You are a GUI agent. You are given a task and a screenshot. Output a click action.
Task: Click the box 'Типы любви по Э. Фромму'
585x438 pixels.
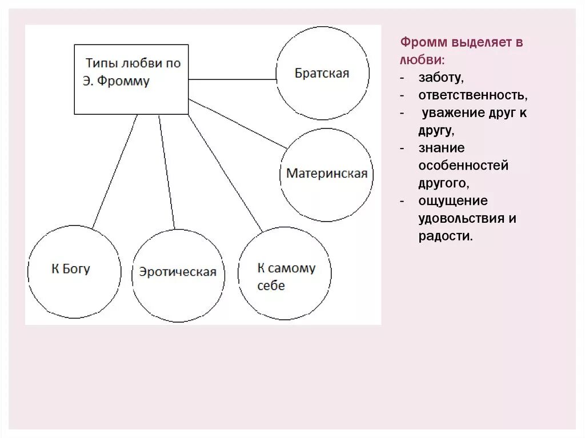pyautogui.click(x=131, y=79)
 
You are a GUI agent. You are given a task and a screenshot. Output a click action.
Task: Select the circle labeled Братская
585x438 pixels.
pyautogui.click(x=322, y=73)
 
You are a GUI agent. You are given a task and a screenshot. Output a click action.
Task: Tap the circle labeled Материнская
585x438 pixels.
pyautogui.click(x=327, y=174)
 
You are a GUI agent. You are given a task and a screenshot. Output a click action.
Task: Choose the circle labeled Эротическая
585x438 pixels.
pyautogui.click(x=178, y=272)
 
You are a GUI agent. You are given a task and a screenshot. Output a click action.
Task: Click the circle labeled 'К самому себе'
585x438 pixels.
pyautogui.click(x=285, y=276)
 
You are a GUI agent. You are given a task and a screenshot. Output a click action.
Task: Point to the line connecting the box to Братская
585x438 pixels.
pyautogui.click(x=231, y=79)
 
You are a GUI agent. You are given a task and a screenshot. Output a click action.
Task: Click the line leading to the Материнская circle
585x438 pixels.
pyautogui.click(x=238, y=124)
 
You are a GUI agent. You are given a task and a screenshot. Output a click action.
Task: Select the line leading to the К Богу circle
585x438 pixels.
pyautogui.click(x=115, y=171)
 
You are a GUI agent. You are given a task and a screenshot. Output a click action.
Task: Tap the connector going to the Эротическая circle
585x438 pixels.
pyautogui.click(x=167, y=171)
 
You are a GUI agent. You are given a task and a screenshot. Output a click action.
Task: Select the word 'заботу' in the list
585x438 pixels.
pyautogui.click(x=440, y=77)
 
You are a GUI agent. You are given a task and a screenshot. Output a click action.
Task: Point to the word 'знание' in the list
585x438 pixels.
pyautogui.click(x=442, y=148)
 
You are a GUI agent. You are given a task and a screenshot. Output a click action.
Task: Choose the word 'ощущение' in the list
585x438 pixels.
pyautogui.click(x=453, y=200)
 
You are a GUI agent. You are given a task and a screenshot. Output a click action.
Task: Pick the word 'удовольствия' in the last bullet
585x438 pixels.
pyautogui.click(x=461, y=218)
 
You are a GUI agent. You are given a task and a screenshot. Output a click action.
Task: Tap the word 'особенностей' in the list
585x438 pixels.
pyautogui.click(x=463, y=166)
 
